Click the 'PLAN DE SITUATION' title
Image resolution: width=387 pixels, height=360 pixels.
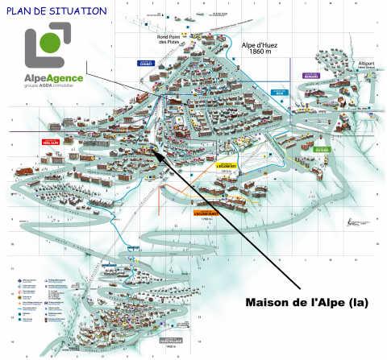tap(56, 11)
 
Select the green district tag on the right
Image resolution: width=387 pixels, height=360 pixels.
tap(322, 148)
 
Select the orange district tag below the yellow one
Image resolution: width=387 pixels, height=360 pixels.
tap(207, 213)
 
